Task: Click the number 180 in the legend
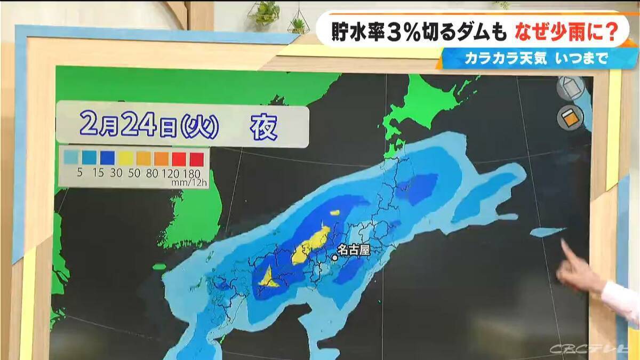point(191,173)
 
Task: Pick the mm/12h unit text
point(188,182)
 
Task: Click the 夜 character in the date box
point(264,127)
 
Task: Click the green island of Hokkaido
point(432,107)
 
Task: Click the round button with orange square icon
point(570,117)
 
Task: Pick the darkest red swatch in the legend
point(196,158)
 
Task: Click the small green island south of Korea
point(159,266)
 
